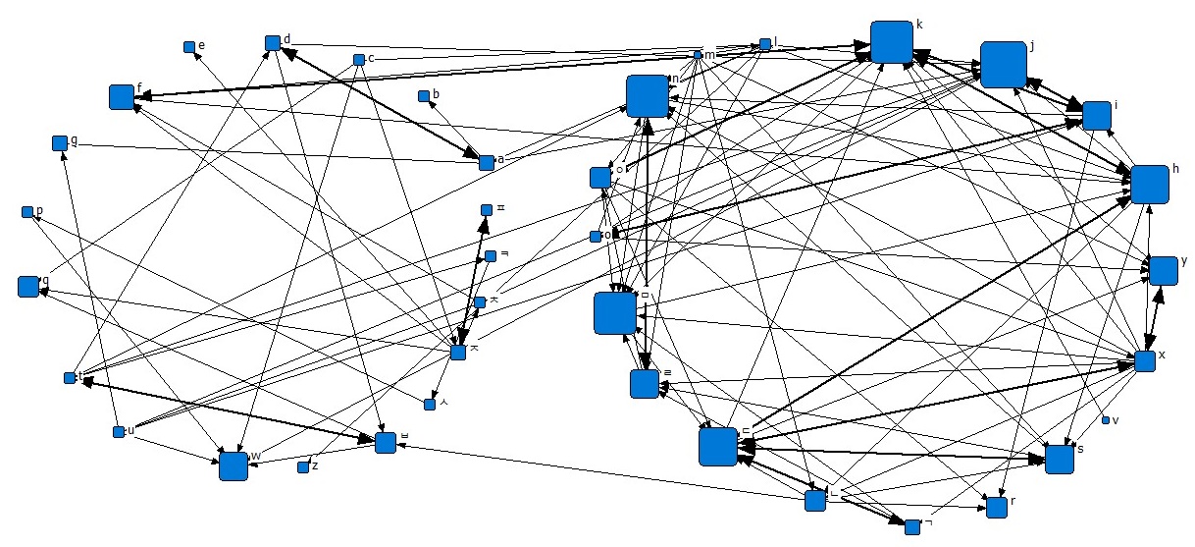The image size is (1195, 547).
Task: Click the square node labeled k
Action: click(x=892, y=42)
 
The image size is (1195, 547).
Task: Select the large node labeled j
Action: click(x=1003, y=65)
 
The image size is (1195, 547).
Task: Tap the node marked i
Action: click(x=1096, y=115)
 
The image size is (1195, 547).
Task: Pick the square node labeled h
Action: click(x=1150, y=185)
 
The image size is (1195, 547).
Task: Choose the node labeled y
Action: click(x=1163, y=270)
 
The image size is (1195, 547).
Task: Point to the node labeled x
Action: click(x=1145, y=360)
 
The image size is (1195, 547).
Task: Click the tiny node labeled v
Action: click(x=1106, y=420)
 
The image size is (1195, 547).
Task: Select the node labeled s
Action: click(x=1059, y=459)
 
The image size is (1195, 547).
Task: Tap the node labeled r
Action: click(x=997, y=508)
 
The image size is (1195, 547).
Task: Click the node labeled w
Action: click(x=234, y=466)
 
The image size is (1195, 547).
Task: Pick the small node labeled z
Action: click(x=303, y=466)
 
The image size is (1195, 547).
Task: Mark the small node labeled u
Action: click(x=119, y=432)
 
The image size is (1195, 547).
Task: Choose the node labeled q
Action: click(x=27, y=287)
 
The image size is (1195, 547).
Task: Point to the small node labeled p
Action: click(x=26, y=212)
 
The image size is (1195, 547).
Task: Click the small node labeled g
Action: click(x=59, y=143)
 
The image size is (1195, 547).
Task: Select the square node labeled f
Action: click(x=122, y=96)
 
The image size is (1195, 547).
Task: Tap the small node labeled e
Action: click(x=188, y=46)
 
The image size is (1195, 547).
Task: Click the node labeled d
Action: click(x=273, y=43)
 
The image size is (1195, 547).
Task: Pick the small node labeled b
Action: click(x=424, y=96)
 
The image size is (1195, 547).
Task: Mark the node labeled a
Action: click(x=486, y=162)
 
